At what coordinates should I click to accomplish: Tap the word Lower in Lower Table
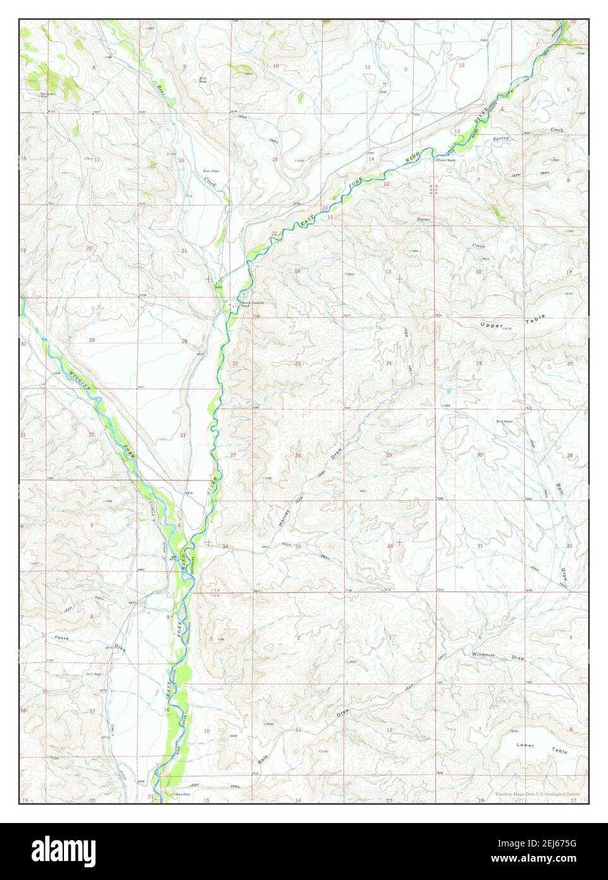tap(524, 745)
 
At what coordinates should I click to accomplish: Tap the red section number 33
tap(183, 435)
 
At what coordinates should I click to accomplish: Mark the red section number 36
tap(390, 545)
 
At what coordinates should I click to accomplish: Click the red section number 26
tap(297, 455)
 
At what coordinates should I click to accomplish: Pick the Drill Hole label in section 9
tap(203, 80)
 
